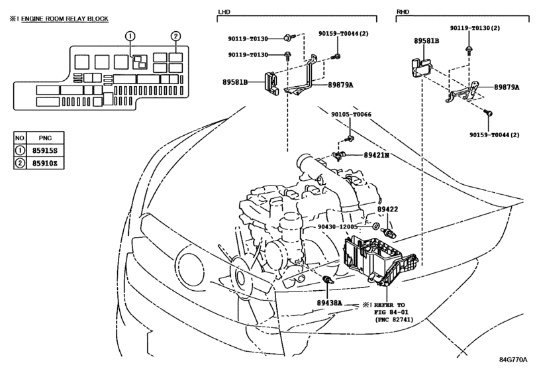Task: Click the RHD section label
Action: pos(405,12)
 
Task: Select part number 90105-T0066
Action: pos(352,114)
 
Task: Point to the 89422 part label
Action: pos(388,209)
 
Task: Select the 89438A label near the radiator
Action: pos(324,302)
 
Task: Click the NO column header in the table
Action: pos(20,139)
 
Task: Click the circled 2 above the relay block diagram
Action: pos(175,36)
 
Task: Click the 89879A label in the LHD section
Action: pos(340,85)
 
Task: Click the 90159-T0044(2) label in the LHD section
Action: pos(358,32)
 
